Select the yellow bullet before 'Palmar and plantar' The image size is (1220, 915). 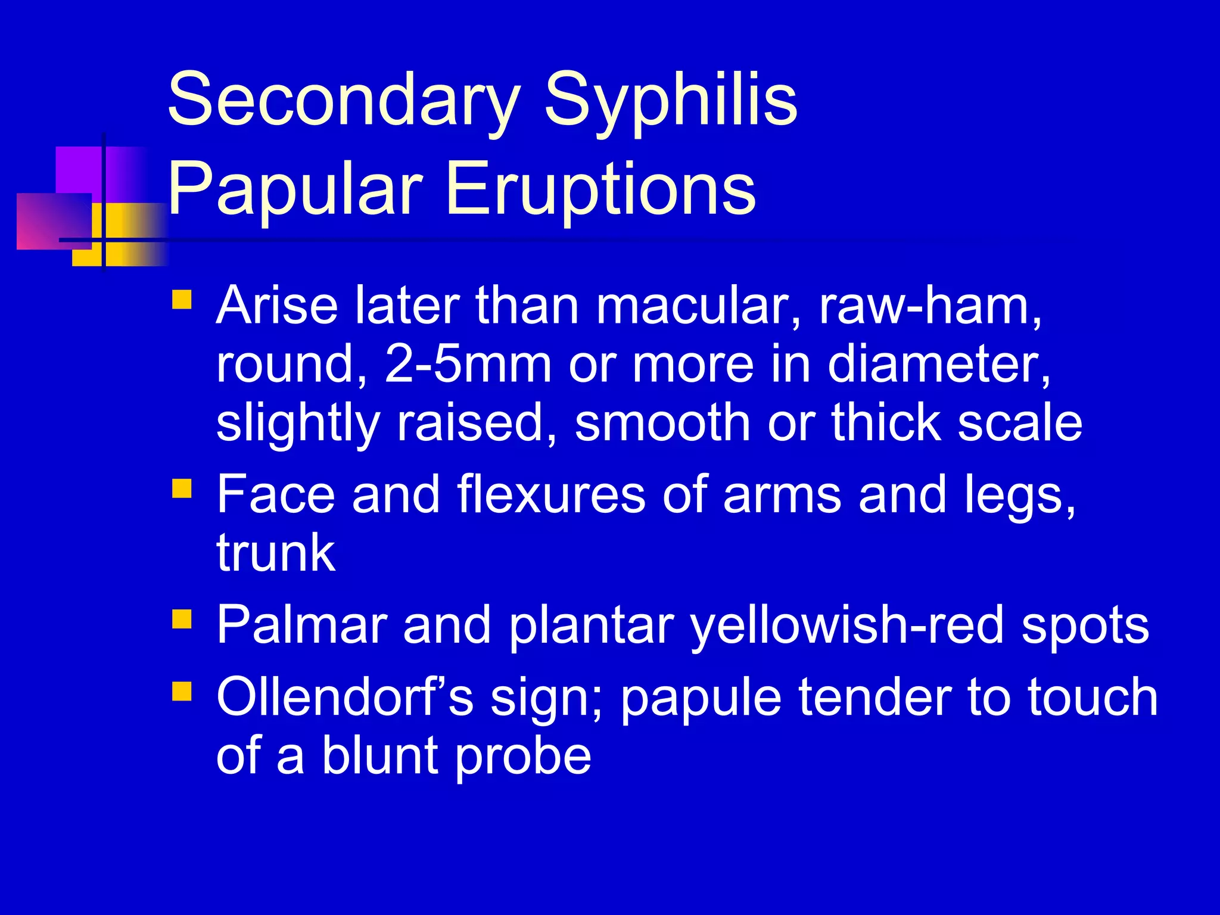pos(182,620)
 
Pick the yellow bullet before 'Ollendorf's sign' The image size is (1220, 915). pos(182,692)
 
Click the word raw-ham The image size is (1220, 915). pos(929,306)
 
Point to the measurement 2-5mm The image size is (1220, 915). pos(468,365)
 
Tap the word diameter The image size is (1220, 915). pos(938,365)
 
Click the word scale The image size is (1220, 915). pos(1019,423)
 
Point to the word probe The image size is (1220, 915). pos(523,757)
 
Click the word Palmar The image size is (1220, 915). pos(301,625)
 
